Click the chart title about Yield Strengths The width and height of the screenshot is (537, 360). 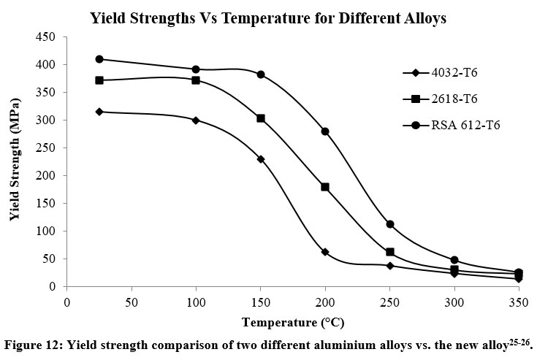[x=268, y=18]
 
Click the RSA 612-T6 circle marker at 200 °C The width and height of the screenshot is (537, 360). [x=325, y=131]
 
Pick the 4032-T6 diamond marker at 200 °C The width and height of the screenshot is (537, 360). [x=325, y=252]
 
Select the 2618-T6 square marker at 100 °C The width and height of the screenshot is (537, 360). [x=196, y=80]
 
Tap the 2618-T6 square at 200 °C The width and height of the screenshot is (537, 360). [x=325, y=187]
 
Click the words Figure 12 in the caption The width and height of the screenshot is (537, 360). [x=31, y=342]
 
